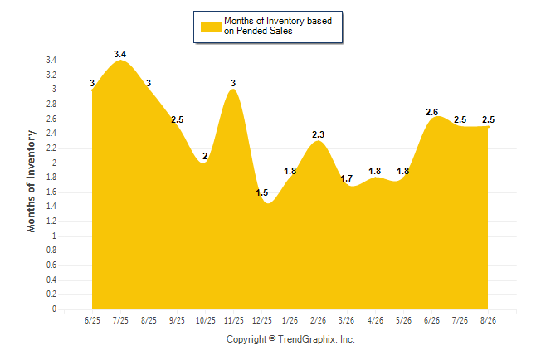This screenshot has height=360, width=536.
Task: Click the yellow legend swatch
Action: (211, 27)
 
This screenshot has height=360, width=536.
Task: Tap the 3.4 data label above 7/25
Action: (120, 54)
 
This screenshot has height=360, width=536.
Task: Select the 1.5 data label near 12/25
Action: (262, 192)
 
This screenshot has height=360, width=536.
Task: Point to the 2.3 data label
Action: (319, 134)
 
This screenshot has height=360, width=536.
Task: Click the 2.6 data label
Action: (431, 112)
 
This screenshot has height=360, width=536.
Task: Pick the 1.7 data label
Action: (346, 178)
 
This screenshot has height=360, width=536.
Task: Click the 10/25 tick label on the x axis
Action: (206, 320)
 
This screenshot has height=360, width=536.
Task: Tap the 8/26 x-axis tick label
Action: (488, 320)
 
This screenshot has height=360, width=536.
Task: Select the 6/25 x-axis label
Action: (92, 320)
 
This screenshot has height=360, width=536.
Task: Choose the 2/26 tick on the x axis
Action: (319, 320)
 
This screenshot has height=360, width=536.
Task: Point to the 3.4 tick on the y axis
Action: (51, 61)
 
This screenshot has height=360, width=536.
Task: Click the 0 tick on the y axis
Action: (54, 309)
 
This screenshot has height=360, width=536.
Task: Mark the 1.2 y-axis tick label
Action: (51, 221)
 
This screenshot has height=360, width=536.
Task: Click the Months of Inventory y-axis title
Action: (31, 181)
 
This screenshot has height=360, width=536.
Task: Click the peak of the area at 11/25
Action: (233, 90)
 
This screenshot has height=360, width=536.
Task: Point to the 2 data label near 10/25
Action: (205, 156)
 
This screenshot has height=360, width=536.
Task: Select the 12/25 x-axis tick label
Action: (262, 320)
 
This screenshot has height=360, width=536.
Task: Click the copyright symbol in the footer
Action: (272, 338)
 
